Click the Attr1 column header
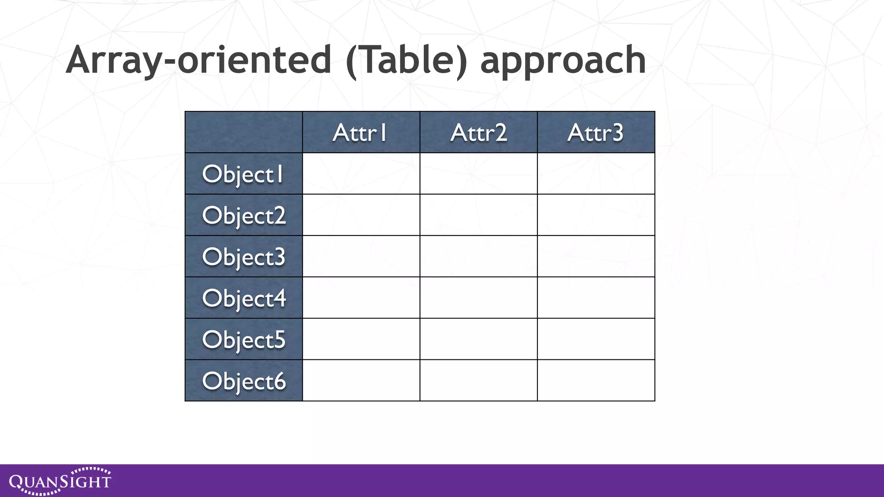(360, 132)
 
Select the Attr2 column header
(478, 132)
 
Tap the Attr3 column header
(596, 132)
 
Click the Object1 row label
(243, 174)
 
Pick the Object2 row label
(243, 215)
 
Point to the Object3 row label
(243, 257)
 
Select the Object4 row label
(243, 298)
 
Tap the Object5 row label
(243, 340)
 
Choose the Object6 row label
(243, 381)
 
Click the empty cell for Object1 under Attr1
(361, 173)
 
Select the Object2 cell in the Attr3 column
(596, 215)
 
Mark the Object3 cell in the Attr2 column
(478, 256)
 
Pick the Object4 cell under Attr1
(361, 298)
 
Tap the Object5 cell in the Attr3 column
(596, 339)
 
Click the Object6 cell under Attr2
(478, 381)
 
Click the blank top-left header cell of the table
(243, 132)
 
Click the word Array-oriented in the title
(199, 60)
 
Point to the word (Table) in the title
(406, 60)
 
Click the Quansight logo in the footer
(60, 481)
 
